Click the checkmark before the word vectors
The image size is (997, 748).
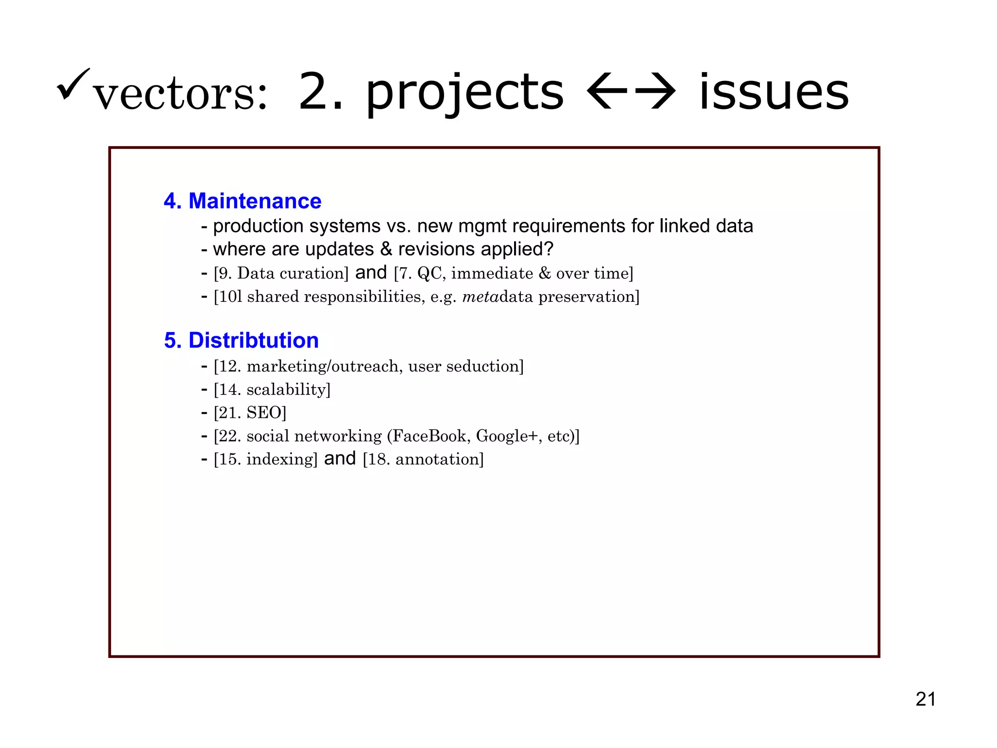[74, 83]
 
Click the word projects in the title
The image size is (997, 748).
[464, 93]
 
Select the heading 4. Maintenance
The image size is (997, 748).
[242, 201]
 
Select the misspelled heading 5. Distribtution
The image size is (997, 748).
[241, 340]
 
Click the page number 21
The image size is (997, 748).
[925, 699]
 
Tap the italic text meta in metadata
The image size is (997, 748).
[480, 297]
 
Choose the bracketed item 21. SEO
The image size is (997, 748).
[250, 413]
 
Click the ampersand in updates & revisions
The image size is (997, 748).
[386, 249]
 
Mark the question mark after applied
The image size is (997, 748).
[548, 249]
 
